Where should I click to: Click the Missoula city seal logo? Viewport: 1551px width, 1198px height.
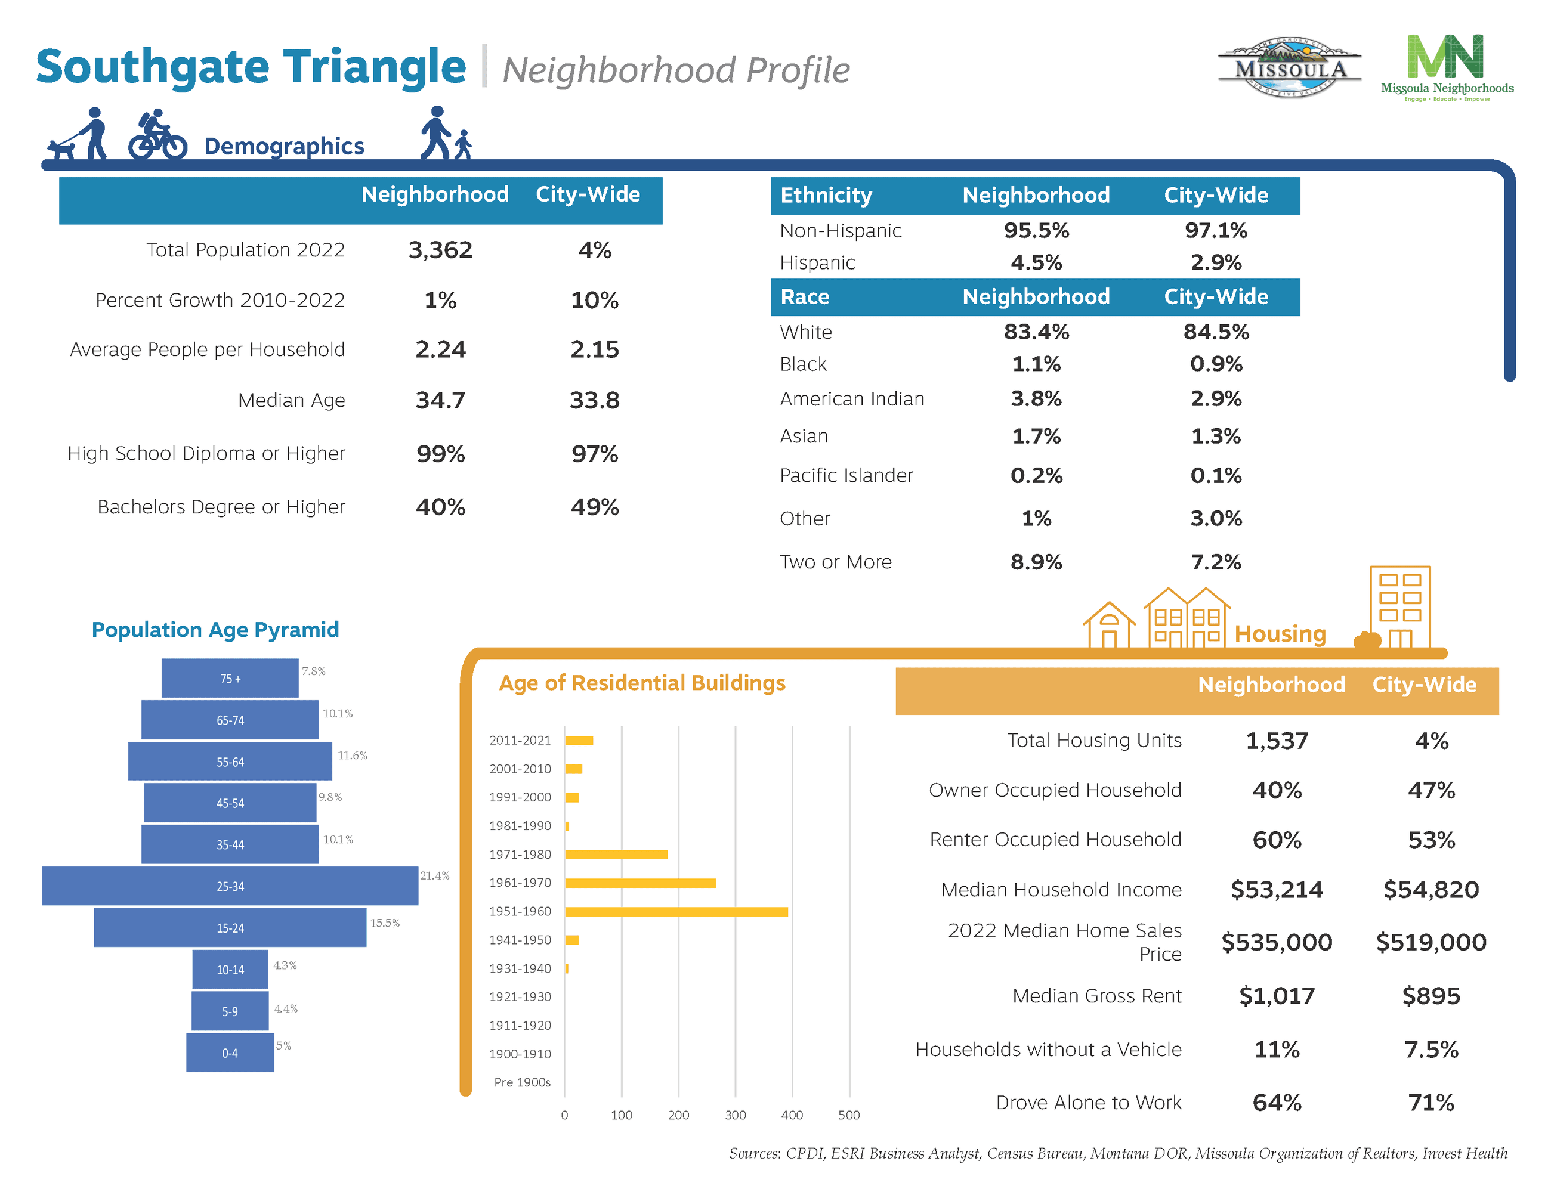click(x=1289, y=68)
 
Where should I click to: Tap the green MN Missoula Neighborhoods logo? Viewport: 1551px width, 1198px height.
click(x=1446, y=67)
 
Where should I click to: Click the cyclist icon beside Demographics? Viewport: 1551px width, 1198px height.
click(x=157, y=135)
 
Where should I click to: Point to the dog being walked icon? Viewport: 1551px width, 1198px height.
click(x=62, y=149)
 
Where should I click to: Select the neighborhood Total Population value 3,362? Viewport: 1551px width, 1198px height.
click(x=440, y=250)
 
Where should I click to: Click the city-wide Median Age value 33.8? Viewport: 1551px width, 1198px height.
click(x=594, y=400)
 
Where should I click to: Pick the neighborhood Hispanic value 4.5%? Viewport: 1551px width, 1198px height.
click(x=1036, y=262)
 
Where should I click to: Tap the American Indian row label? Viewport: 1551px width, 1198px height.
click(x=851, y=399)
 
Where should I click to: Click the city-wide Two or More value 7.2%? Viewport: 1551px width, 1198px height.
click(x=1215, y=562)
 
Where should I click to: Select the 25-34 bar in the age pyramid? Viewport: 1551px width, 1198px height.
click(x=230, y=886)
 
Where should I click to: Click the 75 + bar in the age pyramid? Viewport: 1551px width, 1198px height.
click(x=230, y=679)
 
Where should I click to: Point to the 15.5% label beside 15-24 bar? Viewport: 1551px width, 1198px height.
click(x=384, y=923)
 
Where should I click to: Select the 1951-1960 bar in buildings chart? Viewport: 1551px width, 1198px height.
click(x=675, y=911)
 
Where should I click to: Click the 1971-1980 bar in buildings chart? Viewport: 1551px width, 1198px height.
click(x=616, y=855)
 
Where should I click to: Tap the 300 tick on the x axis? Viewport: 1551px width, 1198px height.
click(x=735, y=1115)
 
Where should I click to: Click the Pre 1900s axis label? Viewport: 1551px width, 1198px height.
click(x=522, y=1082)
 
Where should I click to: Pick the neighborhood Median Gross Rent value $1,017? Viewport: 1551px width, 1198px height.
click(x=1276, y=996)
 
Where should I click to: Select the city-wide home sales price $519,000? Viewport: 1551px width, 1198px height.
click(x=1430, y=943)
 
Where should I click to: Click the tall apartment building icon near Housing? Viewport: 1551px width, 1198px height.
click(x=1399, y=607)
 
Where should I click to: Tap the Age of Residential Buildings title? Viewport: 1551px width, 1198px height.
click(x=642, y=683)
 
